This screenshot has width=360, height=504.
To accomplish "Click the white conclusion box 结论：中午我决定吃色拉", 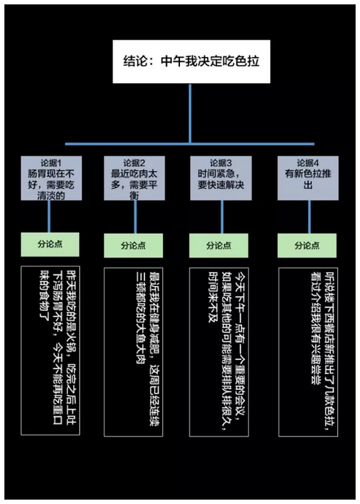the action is pos(191,61).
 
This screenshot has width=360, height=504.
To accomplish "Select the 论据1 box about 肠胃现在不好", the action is pos(51,178).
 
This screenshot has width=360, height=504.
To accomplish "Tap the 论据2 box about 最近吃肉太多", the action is pos(135,178).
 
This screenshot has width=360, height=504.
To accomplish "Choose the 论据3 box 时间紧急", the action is pos(221,178).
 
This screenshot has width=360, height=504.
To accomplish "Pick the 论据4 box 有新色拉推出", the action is pos(308,178).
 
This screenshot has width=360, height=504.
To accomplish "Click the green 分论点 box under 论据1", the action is pos(50,244).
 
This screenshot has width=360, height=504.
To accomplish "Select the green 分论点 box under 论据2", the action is pos(133,246).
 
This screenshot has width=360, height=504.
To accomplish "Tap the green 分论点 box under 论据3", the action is pos(219,246).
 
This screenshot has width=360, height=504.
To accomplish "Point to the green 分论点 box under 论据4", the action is pos(307,246).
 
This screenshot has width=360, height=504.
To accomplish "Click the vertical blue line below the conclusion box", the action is pos(190,113).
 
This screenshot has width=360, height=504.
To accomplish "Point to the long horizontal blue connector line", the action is pos(190,144).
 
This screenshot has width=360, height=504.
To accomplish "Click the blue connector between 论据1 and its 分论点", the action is pos(49,217).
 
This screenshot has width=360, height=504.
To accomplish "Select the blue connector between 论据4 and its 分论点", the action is pos(310,217).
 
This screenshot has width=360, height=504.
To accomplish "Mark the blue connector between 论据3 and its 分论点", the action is pos(222,217).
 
